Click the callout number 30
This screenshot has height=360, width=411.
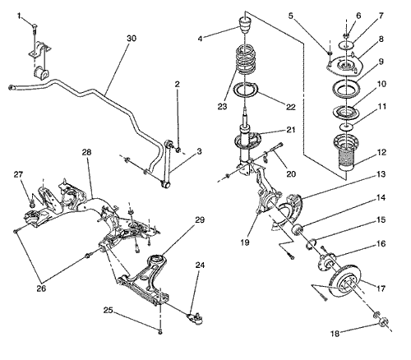[132, 39]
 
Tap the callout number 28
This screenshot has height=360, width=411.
[86, 152]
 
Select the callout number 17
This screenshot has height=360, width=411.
[381, 288]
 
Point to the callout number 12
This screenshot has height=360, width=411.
[381, 152]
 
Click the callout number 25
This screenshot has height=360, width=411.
[108, 310]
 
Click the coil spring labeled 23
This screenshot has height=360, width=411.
[247, 59]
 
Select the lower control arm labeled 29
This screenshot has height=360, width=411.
[144, 279]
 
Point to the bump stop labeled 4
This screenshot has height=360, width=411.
[245, 25]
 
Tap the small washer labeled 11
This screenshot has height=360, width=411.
[346, 127]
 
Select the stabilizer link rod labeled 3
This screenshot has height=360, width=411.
[167, 164]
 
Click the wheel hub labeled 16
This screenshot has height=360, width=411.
[327, 261]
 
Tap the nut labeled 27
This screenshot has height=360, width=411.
[32, 204]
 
